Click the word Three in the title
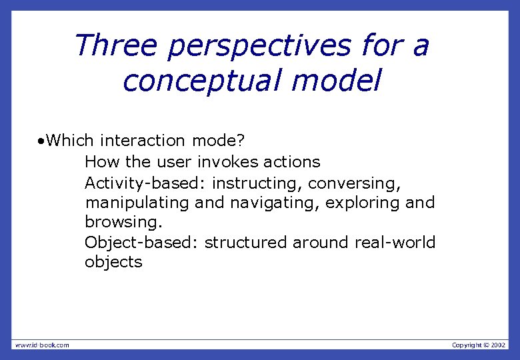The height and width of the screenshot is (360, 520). coord(116,46)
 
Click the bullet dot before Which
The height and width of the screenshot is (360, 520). coord(41,141)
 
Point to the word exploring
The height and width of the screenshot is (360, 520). coord(363,202)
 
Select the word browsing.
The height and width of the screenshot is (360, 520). coord(123,222)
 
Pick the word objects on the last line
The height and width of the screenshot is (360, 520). coord(113,262)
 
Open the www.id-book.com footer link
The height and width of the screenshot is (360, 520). coord(42,345)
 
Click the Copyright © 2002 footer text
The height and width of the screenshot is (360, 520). coord(479,345)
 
